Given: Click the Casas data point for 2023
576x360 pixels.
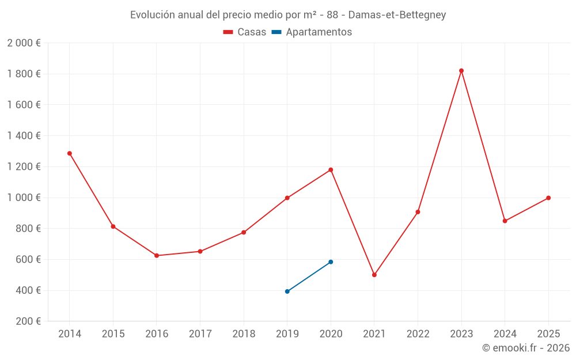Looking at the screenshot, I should tap(461, 71).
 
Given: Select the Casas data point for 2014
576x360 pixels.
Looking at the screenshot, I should tap(70, 153).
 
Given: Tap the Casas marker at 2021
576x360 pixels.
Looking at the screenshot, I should tap(374, 275).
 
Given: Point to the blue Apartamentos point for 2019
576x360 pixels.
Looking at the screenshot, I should tap(287, 291).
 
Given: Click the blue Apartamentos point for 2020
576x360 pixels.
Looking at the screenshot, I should tap(331, 262).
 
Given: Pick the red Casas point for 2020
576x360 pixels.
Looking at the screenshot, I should tap(331, 170).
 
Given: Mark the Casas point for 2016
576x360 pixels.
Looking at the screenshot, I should tap(157, 256).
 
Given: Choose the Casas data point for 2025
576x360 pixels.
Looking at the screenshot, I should tap(548, 198).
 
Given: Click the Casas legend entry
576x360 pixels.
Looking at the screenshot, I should tap(245, 32).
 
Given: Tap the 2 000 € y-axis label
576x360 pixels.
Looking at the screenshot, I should tap(24, 43).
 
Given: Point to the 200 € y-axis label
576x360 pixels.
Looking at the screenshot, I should tap(28, 321).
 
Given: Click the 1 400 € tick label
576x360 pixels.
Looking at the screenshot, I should tap(24, 136).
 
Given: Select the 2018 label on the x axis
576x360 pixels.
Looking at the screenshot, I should tap(244, 334).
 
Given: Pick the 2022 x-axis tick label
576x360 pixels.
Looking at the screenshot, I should tap(418, 334).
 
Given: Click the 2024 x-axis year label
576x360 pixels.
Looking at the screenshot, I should tap(505, 334).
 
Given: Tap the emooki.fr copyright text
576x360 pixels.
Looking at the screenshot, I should tap(525, 348).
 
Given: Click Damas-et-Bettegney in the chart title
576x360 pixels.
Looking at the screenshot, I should tap(397, 15).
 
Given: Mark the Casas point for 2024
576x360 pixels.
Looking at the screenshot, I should tap(505, 221).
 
